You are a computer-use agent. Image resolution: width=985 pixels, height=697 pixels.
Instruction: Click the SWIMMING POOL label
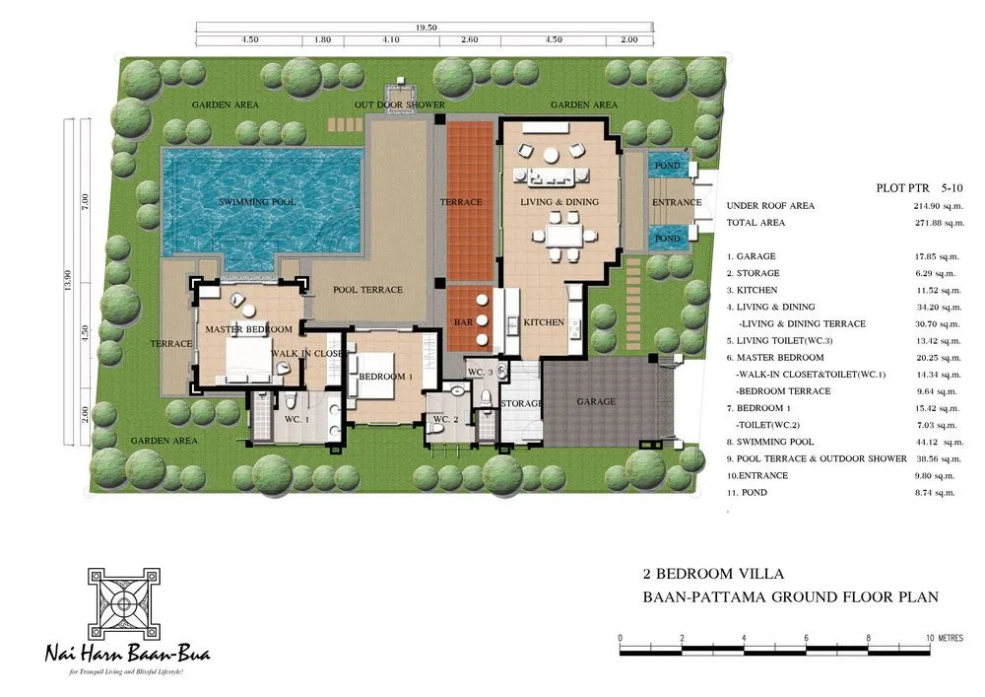click(x=258, y=202)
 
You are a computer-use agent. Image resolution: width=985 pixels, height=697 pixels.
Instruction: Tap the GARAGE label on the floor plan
click(x=596, y=401)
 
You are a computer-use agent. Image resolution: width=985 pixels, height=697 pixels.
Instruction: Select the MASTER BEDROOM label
click(x=248, y=328)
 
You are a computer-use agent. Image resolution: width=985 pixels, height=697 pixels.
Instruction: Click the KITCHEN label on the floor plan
click(x=543, y=322)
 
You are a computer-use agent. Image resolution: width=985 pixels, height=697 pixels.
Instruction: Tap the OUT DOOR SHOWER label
click(x=400, y=105)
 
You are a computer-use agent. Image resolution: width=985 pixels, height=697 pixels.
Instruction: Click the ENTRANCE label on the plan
click(x=677, y=203)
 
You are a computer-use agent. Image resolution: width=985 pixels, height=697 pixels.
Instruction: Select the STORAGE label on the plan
click(x=521, y=403)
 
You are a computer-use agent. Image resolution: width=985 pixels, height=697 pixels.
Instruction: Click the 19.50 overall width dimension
click(x=427, y=28)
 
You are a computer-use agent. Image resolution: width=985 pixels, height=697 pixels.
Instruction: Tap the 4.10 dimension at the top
click(x=392, y=40)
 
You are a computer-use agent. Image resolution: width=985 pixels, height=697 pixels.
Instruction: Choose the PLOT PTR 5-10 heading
click(x=918, y=186)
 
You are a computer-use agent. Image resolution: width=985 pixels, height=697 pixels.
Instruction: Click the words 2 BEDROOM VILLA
click(x=701, y=573)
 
